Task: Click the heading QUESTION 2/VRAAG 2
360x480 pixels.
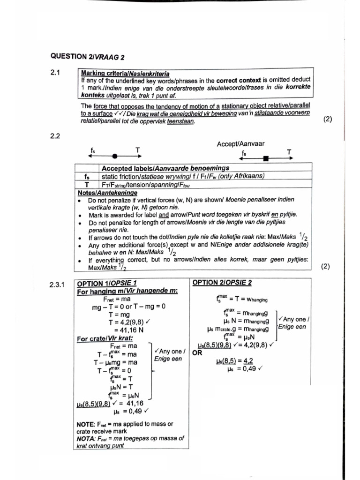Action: [x=84, y=56]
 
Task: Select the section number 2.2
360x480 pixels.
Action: [x=56, y=136]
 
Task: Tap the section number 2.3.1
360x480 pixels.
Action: [x=59, y=284]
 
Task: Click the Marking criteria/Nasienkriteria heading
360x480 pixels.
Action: [x=126, y=74]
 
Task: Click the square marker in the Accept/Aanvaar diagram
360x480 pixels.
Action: [x=266, y=159]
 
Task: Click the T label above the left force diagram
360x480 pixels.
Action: [x=137, y=150]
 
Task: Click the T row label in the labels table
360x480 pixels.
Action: [x=87, y=184]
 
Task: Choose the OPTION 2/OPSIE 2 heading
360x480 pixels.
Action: [x=222, y=283]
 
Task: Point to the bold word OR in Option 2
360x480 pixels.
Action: [x=197, y=352]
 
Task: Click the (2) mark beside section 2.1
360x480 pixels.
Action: [x=328, y=119]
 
